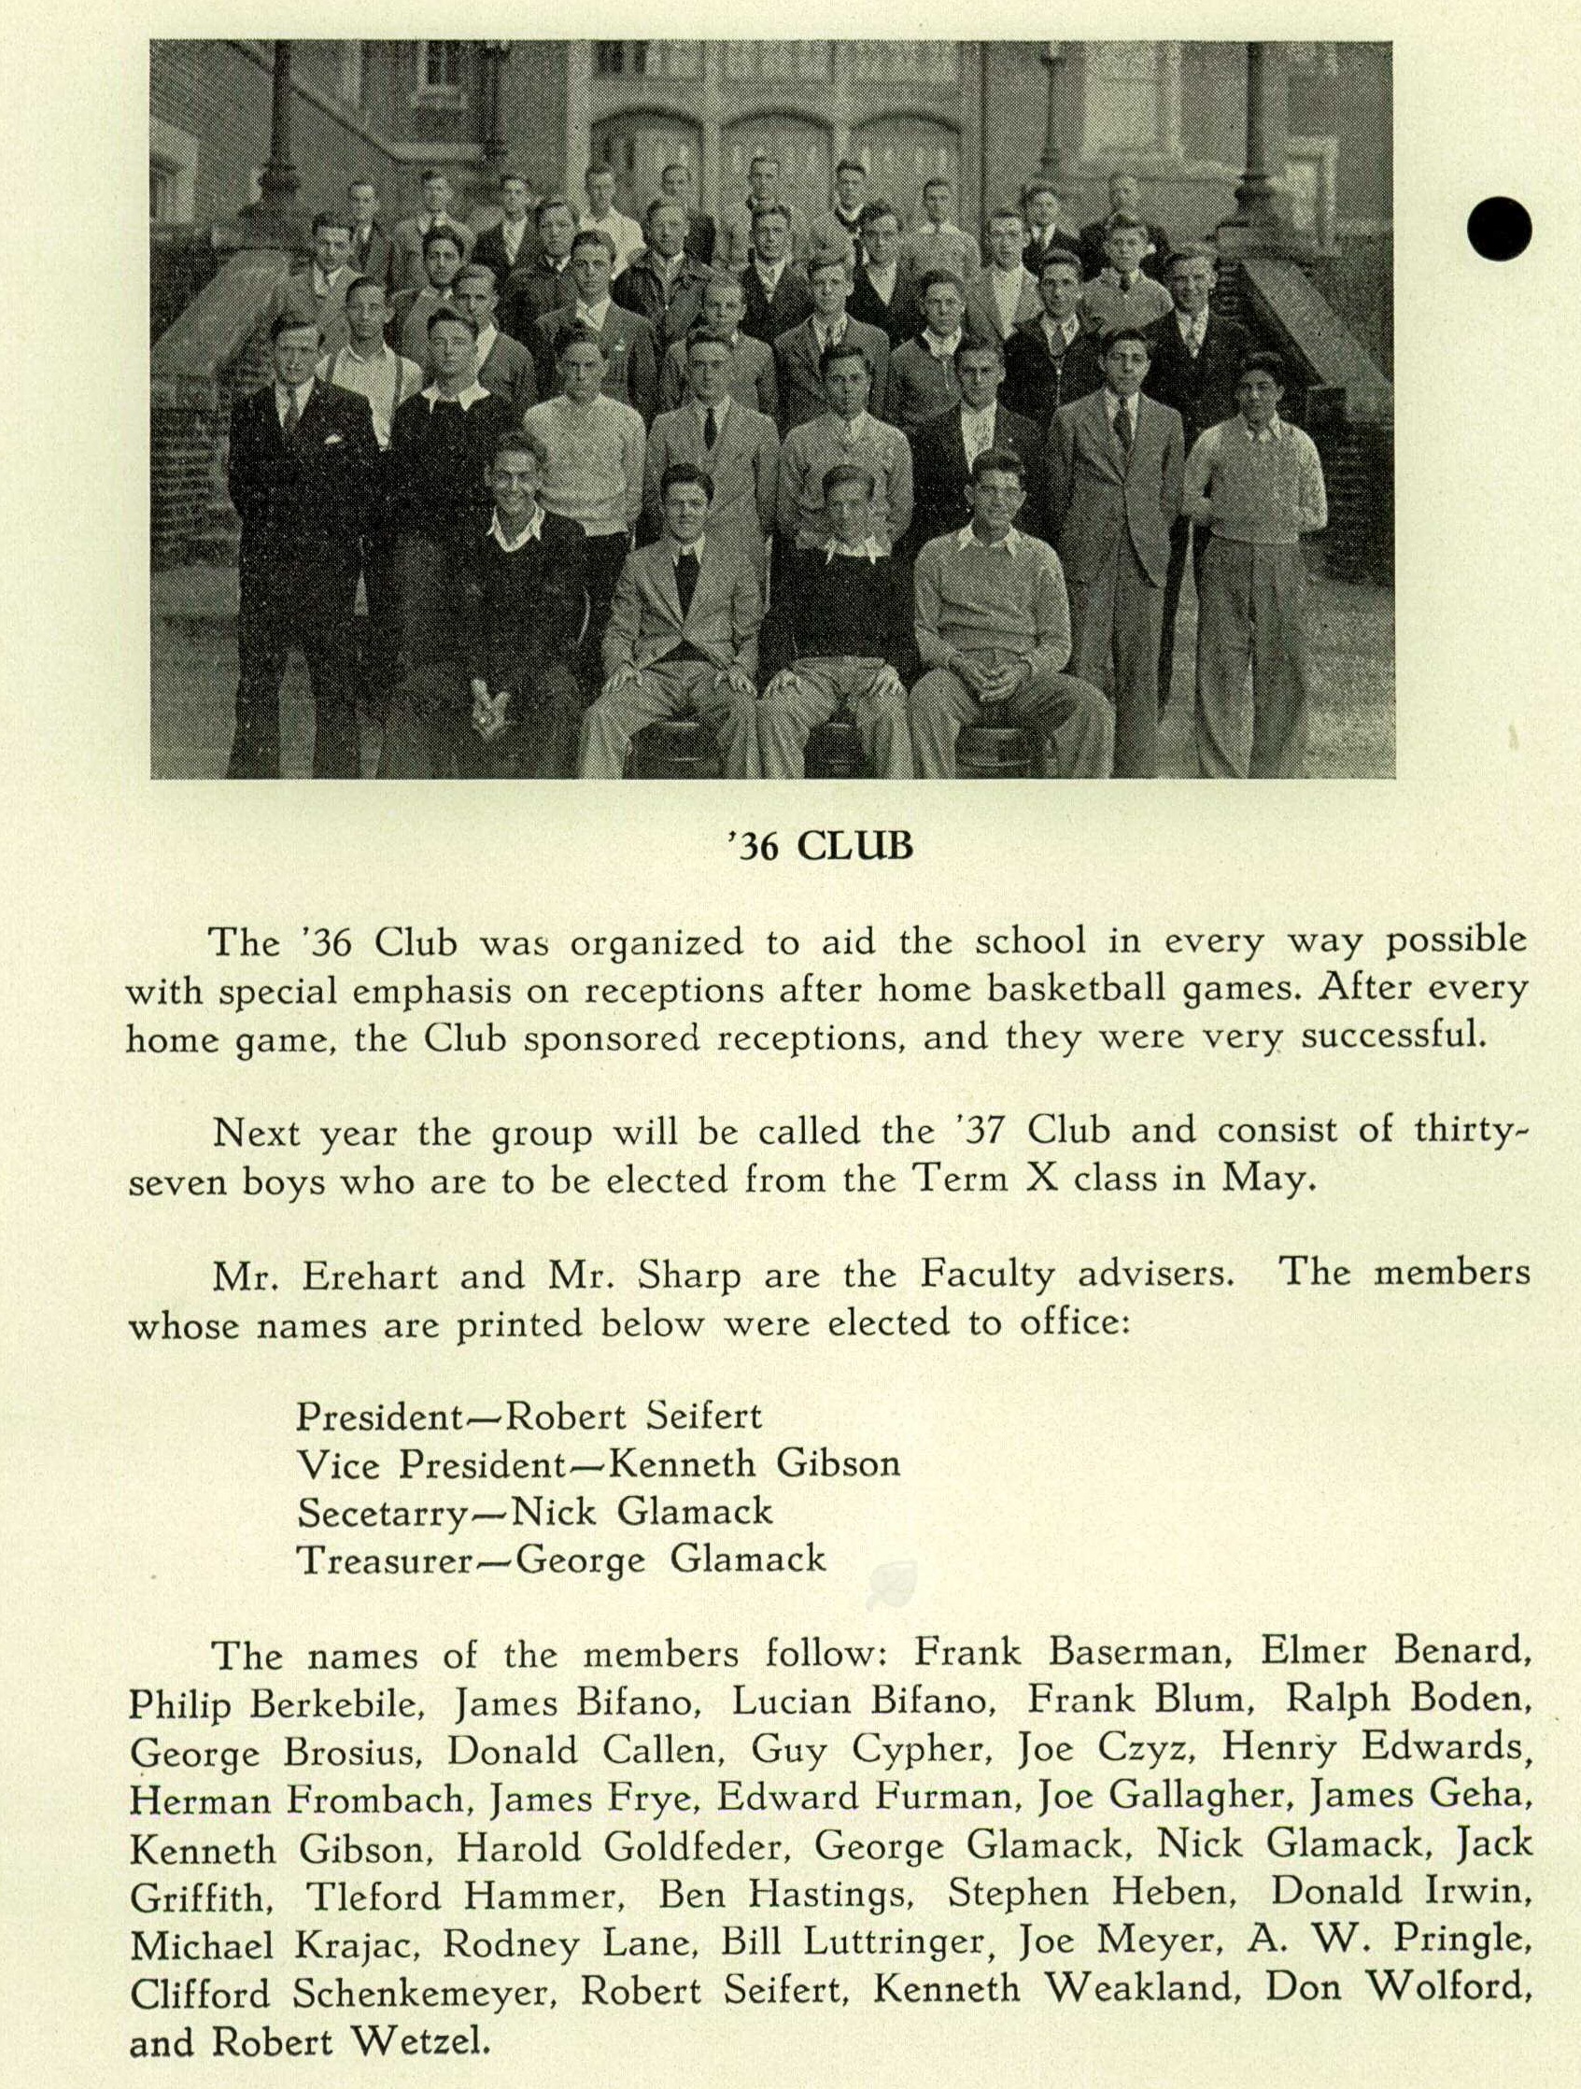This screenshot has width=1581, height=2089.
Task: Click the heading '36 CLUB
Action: click(x=818, y=846)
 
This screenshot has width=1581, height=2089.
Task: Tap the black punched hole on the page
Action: click(x=1499, y=230)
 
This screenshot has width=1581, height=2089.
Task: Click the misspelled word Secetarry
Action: click(x=382, y=1513)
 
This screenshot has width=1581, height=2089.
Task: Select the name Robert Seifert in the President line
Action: click(x=634, y=1417)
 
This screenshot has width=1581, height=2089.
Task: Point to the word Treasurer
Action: click(x=385, y=1560)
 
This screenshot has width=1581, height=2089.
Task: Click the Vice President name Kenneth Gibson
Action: click(x=753, y=1465)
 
